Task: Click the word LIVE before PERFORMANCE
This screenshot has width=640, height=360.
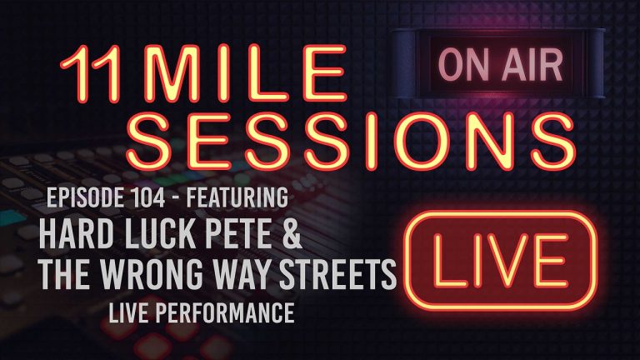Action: pyautogui.click(x=127, y=314)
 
